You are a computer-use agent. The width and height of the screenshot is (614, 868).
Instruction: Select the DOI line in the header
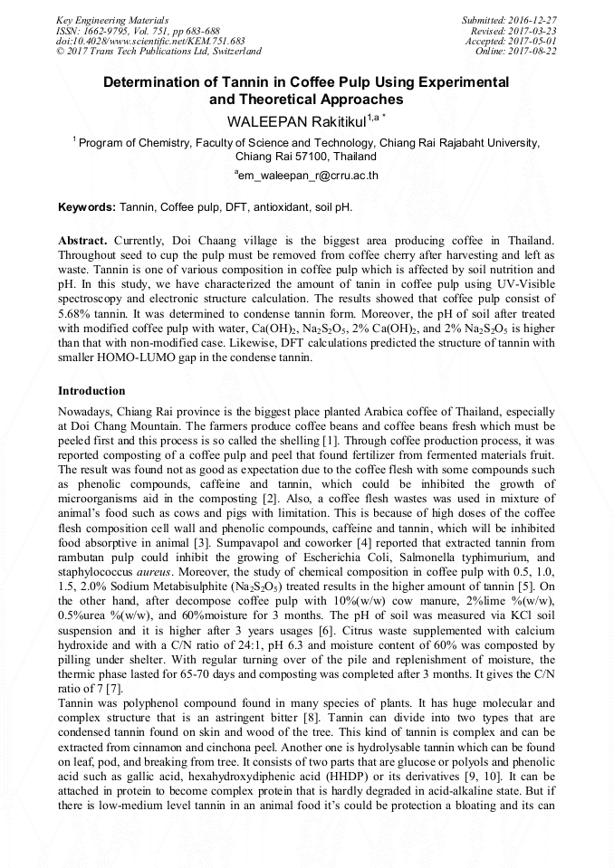[150, 41]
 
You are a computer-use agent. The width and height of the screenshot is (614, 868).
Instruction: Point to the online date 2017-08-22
[538, 51]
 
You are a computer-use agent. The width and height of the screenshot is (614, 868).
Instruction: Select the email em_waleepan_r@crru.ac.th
[306, 176]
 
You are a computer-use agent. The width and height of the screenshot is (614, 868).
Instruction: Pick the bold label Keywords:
[87, 207]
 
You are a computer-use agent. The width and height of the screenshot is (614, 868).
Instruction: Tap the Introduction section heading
[91, 391]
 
